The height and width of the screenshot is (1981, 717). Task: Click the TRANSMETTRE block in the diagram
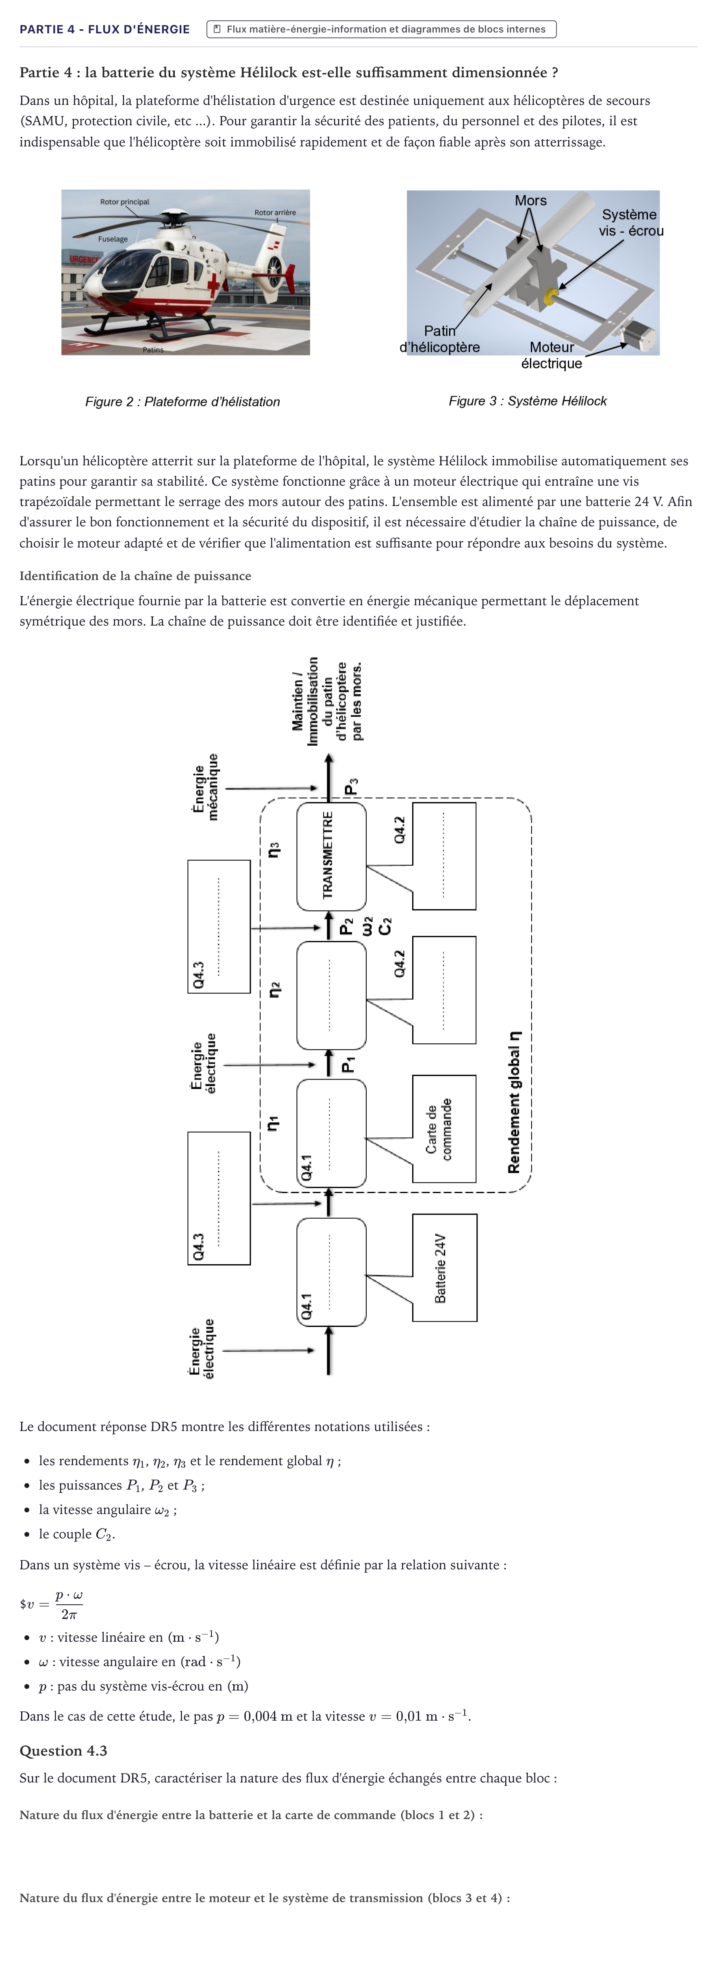(331, 856)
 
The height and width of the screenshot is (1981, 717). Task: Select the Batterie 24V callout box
(444, 1268)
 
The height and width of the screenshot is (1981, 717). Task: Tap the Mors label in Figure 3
(531, 201)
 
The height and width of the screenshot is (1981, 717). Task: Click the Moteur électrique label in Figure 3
(552, 355)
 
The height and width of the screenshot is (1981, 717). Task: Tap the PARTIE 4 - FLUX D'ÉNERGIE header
(104, 29)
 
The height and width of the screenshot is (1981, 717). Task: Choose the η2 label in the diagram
(274, 990)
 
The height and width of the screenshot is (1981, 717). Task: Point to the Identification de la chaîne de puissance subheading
(135, 576)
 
